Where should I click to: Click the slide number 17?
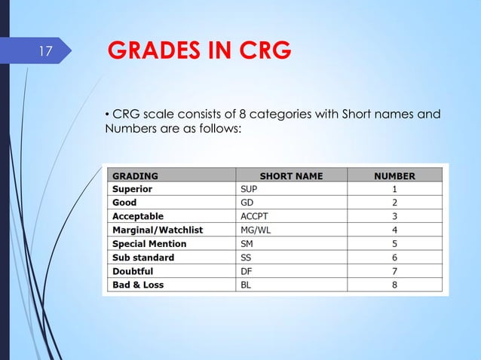pos(44,52)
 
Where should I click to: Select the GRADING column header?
pos(136,176)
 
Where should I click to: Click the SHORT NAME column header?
pos(291,176)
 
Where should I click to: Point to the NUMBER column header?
pos(394,176)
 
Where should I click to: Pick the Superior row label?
pos(133,190)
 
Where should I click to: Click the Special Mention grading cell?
pos(149,244)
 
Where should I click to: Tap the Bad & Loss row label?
pos(138,285)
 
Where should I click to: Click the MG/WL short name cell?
pos(255,230)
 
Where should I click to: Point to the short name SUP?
pos(250,190)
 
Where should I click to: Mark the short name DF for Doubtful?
pos(247,271)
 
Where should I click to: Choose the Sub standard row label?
pos(143,258)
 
